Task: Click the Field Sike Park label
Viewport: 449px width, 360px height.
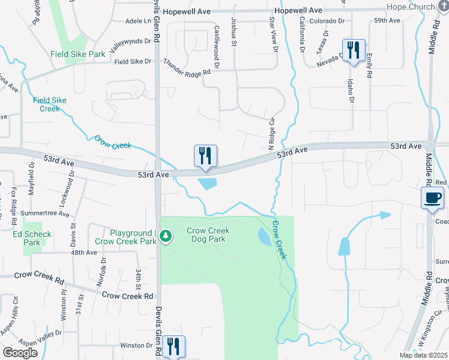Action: tap(79, 54)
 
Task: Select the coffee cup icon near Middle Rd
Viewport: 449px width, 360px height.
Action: tap(433, 198)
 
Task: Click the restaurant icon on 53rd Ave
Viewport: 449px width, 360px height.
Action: tap(205, 157)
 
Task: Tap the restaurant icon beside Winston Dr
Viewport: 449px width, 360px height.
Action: tap(173, 347)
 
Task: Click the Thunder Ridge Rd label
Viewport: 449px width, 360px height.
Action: tap(187, 67)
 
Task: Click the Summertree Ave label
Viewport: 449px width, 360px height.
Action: tap(46, 214)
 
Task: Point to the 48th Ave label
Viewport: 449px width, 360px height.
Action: tap(83, 253)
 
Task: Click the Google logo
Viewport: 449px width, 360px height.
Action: tap(20, 353)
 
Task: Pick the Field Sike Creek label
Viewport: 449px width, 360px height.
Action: tap(50, 104)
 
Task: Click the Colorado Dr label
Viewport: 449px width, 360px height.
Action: tap(327, 20)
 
